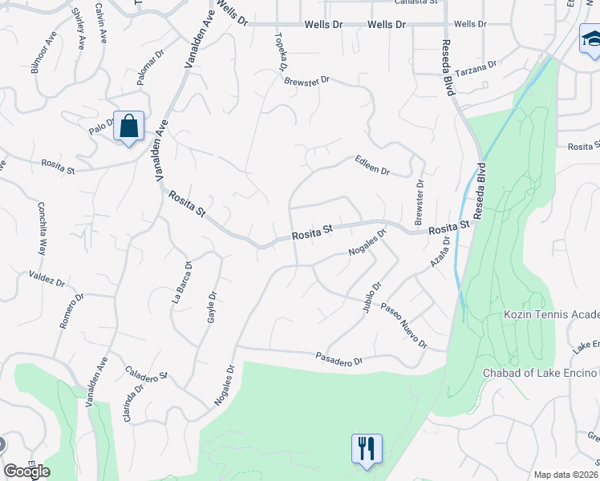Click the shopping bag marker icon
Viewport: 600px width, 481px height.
click(128, 127)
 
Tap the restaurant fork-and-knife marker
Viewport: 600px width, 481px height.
click(367, 449)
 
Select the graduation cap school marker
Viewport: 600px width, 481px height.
click(590, 38)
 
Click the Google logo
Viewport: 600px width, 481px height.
click(26, 471)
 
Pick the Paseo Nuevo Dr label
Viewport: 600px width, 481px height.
click(403, 325)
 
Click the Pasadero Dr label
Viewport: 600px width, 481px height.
click(339, 359)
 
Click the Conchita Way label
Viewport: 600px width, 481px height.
click(42, 228)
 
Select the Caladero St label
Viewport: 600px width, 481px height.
click(146, 374)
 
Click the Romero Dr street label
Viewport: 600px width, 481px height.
click(72, 311)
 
